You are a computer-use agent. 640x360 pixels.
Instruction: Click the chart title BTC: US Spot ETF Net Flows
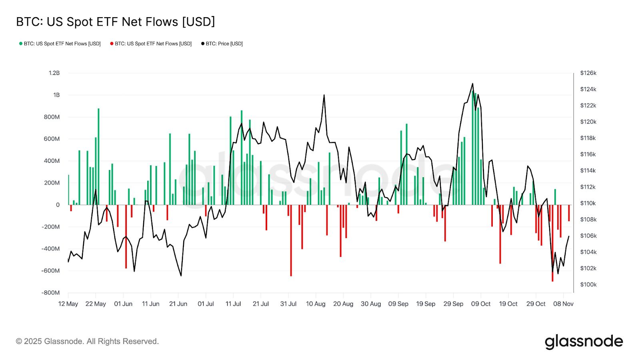coord(115,22)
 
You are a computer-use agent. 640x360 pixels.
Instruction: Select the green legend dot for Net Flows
coord(21,44)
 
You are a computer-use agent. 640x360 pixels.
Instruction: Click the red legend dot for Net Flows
coord(112,44)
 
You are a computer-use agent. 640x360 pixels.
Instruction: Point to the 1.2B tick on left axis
coord(54,73)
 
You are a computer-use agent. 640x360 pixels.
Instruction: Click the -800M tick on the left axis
coord(50,292)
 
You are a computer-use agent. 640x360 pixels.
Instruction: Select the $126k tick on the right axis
coord(588,73)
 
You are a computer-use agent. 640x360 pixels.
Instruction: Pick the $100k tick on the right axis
coord(588,284)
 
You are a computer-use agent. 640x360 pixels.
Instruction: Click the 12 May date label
coord(68,304)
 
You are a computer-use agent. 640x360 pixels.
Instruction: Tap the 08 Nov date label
coord(563,304)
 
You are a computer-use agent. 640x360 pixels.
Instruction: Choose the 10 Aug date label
coord(316,304)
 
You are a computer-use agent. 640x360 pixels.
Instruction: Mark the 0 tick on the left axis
coord(58,205)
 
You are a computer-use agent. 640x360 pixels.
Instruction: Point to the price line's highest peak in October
coord(472,84)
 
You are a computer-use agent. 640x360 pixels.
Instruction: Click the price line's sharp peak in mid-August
coord(324,95)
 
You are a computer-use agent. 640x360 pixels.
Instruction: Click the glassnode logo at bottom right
coord(584,342)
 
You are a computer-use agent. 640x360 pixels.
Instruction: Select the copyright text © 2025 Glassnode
coord(87,341)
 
